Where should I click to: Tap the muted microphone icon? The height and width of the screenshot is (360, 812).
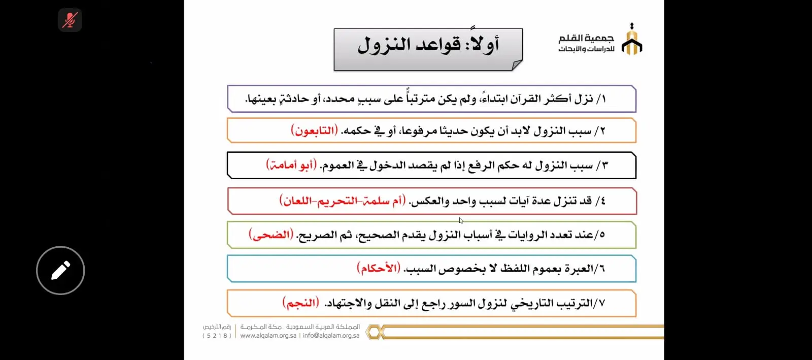click(70, 20)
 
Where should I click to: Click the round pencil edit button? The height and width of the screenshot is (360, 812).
click(60, 270)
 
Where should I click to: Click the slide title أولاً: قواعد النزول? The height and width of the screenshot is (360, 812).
click(428, 45)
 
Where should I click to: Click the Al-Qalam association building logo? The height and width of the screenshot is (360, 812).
click(631, 40)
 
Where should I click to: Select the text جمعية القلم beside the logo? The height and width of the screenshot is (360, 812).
click(586, 38)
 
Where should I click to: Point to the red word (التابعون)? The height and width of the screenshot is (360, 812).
click(314, 130)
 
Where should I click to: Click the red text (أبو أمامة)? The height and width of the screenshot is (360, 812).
click(291, 165)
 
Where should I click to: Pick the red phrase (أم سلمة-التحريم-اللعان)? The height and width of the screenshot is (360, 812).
click(343, 201)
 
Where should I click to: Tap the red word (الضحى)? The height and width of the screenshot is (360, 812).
click(271, 235)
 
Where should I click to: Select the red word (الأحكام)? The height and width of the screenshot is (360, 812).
click(379, 268)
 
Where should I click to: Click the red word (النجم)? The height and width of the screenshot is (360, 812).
click(301, 303)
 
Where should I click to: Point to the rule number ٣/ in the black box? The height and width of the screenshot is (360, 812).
click(601, 165)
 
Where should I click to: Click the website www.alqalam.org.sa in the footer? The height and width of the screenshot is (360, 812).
click(268, 336)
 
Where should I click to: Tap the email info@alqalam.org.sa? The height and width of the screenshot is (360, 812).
click(331, 336)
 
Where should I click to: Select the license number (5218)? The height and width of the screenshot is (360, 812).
click(217, 336)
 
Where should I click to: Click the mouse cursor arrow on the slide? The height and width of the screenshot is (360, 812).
click(461, 220)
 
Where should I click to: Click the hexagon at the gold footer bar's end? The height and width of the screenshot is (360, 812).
click(375, 333)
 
